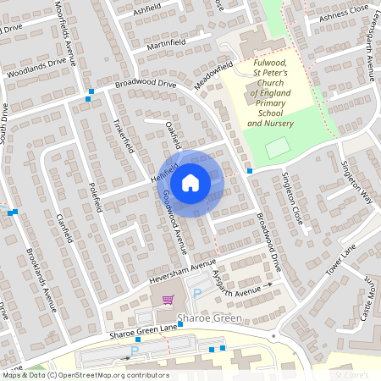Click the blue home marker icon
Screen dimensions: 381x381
[190, 183]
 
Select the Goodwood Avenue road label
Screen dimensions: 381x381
[173, 222]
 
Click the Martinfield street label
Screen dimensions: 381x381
[166, 41]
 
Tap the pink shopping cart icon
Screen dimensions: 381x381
[168, 299]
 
